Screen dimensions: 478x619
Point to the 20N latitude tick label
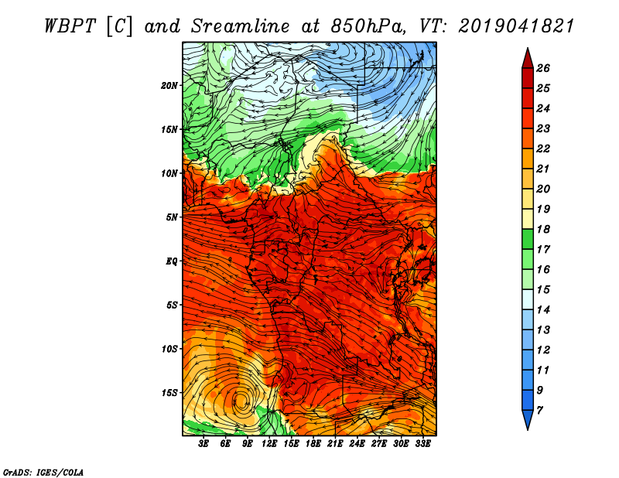[x=169, y=85]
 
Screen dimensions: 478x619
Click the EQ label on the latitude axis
[x=171, y=261]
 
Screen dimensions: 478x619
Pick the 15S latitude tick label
[x=169, y=393]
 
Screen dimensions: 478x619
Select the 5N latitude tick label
[x=172, y=217]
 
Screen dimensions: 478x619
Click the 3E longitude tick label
[x=204, y=444]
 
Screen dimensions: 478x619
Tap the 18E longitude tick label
[x=313, y=444]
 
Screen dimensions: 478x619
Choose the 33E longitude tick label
[x=423, y=444]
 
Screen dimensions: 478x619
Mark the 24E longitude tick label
[x=357, y=444]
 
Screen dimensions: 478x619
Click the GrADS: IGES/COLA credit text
[x=32, y=470]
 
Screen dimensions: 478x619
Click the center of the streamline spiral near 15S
[x=241, y=401]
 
